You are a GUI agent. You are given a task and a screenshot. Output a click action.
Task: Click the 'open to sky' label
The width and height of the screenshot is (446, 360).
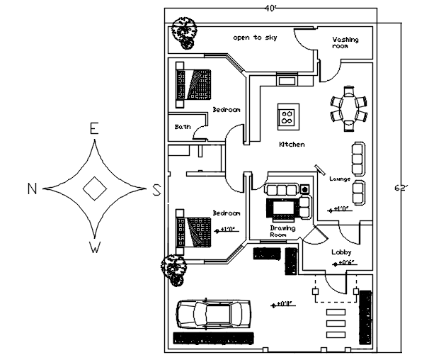256,38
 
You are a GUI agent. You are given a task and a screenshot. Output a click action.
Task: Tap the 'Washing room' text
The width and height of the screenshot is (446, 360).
345,43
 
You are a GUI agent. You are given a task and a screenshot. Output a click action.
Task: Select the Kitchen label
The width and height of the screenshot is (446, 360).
292,145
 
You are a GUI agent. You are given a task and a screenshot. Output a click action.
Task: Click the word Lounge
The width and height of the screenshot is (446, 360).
340,179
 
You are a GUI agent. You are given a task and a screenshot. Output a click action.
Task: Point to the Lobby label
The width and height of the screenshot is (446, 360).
341,252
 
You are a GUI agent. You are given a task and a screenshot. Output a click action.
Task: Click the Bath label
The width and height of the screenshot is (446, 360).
183,127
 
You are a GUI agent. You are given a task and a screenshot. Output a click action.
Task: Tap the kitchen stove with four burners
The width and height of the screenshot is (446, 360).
288,115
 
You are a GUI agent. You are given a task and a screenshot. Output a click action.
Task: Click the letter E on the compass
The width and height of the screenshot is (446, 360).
93,128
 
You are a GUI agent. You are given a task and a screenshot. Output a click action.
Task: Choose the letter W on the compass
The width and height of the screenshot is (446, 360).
93,247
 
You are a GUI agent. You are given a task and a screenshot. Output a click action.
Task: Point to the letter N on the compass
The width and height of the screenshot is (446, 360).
32,188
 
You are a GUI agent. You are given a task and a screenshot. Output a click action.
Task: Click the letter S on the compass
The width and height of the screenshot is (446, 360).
156,189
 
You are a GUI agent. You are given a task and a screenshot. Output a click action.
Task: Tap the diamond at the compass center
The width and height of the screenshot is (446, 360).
93,188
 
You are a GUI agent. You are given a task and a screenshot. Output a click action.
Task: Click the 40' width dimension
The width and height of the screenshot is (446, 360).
270,8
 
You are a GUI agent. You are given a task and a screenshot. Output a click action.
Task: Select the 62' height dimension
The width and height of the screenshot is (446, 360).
401,188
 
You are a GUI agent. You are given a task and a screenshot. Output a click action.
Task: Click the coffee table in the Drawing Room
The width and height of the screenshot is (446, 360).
282,208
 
